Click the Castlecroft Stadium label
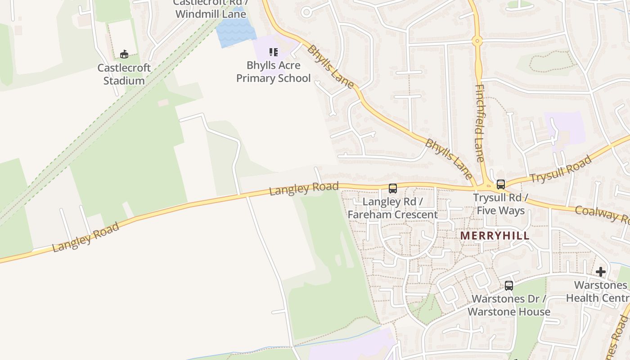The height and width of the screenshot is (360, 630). pos(124,74)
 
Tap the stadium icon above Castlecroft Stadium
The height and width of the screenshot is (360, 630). pos(124,54)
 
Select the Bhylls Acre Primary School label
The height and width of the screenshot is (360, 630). pos(273,72)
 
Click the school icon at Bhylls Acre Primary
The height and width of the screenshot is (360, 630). pos(274,52)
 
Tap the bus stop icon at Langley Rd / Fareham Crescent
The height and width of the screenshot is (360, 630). pos(393,188)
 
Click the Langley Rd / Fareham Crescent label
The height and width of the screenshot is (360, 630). pos(392,208)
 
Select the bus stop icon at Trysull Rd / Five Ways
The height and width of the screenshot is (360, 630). pos(501,184)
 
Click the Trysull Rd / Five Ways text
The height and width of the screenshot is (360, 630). pos(500,204)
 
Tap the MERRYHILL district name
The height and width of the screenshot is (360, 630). pos(495,236)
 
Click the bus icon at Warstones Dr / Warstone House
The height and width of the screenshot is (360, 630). pos(509,285)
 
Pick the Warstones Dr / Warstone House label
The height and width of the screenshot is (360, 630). pos(509,305)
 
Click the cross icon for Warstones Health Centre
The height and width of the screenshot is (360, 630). pos(601,272)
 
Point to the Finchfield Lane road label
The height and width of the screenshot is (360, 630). pos(480,122)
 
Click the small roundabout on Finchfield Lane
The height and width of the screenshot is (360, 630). pos(477,41)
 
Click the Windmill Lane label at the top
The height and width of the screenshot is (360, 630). pos(211,13)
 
